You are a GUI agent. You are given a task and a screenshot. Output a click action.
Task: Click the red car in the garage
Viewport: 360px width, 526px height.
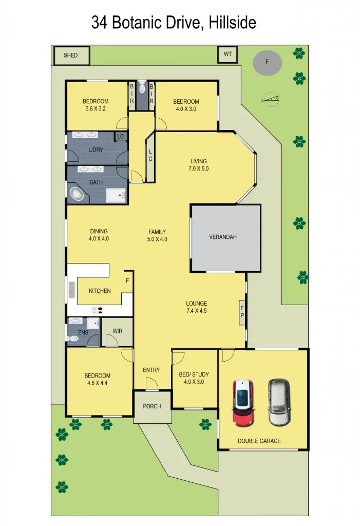pos(243,403)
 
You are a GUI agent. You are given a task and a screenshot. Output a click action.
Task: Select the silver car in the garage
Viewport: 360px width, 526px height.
pos(278,402)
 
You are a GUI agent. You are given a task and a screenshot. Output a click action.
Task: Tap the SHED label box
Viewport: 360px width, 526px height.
pos(71,55)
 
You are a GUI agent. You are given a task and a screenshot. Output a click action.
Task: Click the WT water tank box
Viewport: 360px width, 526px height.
pos(227,54)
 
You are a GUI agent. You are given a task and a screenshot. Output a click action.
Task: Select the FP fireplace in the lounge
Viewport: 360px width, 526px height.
pos(242,312)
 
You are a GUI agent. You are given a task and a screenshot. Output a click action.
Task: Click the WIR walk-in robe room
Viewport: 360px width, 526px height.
pos(117,331)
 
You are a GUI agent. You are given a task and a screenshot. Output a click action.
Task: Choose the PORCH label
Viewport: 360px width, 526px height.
pos(152,406)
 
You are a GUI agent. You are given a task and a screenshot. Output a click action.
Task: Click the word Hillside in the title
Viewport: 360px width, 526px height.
pos(230,22)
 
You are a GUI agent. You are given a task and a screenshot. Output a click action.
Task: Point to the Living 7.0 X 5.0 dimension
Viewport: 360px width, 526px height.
pos(199,168)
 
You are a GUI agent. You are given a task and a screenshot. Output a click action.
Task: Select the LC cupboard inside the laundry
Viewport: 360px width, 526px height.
pos(121,136)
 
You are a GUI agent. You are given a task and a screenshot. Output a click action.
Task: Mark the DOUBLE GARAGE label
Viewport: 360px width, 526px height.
pos(259,441)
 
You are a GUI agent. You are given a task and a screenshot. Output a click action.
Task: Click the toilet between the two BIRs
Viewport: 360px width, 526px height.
pos(142,89)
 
